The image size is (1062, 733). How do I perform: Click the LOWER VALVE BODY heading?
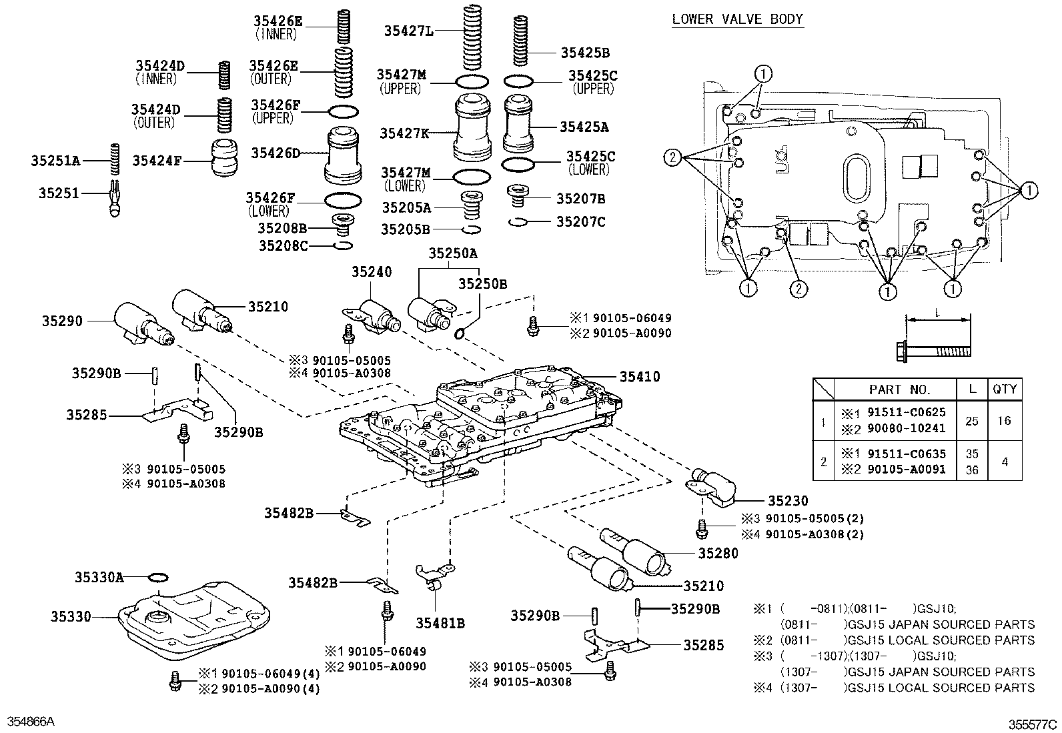737,19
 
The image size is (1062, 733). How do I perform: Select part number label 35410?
640,377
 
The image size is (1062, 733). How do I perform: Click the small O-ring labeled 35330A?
157,578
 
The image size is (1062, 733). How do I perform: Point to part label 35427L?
408,30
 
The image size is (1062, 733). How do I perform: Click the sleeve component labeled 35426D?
345,155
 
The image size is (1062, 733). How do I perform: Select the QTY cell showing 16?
1004,421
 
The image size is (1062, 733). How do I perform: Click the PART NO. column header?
899,390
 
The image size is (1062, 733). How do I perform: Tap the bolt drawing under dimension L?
931,350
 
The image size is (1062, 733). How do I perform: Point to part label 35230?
787,500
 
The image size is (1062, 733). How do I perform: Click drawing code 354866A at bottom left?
31,722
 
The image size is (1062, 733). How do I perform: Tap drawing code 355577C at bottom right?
1032,724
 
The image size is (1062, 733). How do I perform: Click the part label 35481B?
440,624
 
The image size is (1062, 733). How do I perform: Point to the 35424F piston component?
225,158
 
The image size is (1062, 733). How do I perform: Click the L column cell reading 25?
972,421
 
